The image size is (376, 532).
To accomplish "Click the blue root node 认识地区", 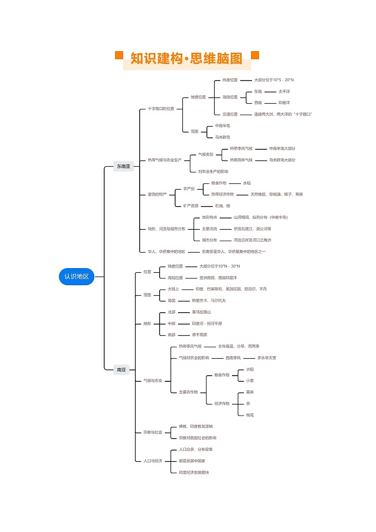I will point(77,276).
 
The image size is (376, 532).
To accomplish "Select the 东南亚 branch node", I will point(124,166).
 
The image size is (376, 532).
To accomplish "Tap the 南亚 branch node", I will point(121,370).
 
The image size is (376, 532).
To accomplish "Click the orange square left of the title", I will point(119,55).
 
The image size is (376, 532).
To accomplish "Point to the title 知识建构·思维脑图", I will point(187,59).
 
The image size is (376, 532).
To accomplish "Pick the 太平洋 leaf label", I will point(284,91).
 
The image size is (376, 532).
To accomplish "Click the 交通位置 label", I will point(230,114).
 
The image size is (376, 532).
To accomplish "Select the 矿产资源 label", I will point(191,206).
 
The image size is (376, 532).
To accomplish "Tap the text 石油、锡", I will point(223,206).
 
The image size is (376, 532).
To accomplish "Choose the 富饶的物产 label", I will point(157,195).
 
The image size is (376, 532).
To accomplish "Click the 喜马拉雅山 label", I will point(201,312).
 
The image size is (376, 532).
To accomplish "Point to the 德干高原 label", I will point(199,335).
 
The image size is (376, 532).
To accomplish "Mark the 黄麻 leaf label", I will point(250,392).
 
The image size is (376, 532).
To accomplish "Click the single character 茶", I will point(248,404).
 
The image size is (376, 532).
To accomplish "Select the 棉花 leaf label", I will point(250,415).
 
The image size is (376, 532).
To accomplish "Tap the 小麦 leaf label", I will point(250,380).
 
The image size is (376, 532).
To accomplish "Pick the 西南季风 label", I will point(233,358).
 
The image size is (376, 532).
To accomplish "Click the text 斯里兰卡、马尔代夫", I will point(209,300).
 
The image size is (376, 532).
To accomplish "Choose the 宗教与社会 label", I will point(152,432).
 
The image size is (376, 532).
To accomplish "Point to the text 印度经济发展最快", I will point(194,472).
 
